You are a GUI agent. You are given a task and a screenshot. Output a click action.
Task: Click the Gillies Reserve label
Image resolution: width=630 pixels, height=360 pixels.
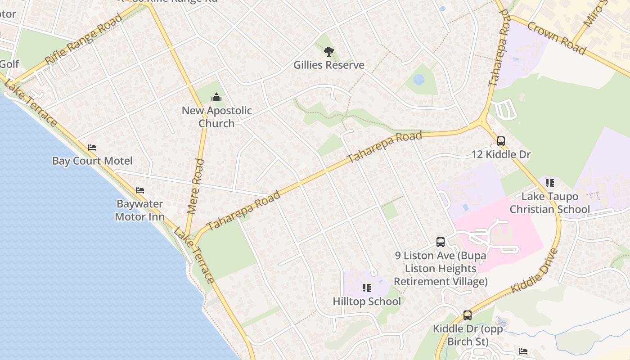click(x=328, y=65)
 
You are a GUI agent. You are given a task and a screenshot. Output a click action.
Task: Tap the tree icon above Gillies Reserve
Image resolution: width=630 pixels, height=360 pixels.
click(x=329, y=52)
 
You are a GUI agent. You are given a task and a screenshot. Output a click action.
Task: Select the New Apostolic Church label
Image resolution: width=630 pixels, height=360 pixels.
click(x=216, y=117)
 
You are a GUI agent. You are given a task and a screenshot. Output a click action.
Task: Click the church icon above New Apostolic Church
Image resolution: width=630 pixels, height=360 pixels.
click(x=216, y=97)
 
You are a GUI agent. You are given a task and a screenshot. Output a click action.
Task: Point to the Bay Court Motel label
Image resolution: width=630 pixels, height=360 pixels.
click(x=92, y=161)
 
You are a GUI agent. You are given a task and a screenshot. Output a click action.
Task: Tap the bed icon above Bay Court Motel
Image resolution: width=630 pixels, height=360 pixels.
click(x=92, y=148)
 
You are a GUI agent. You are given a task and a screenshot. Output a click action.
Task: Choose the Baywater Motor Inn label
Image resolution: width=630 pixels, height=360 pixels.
click(x=139, y=210)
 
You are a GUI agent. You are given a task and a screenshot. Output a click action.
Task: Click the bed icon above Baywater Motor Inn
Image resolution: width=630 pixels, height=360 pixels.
click(x=140, y=190)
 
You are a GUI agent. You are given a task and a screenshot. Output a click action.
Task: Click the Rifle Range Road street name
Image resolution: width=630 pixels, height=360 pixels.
click(x=84, y=39)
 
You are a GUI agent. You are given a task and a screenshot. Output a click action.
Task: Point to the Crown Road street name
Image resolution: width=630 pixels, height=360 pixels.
click(x=556, y=38)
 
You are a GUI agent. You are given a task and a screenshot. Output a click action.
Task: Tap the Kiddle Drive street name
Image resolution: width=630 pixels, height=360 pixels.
click(x=535, y=271)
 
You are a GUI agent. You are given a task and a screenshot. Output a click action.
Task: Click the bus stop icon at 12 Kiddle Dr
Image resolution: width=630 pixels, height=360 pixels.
click(x=501, y=141)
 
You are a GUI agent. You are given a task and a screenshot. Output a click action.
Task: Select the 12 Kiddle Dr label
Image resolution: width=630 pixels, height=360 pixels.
click(x=501, y=155)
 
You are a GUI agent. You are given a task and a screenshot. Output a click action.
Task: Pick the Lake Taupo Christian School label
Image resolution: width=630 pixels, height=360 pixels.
click(x=549, y=203)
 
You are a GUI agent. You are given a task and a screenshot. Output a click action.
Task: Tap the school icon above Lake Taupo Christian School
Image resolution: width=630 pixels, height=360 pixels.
click(x=549, y=183)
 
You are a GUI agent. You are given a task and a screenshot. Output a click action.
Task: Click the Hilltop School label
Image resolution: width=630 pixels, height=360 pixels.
click(x=367, y=301)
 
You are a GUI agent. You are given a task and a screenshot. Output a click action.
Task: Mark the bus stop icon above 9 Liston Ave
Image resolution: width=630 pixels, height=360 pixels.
click(x=441, y=242)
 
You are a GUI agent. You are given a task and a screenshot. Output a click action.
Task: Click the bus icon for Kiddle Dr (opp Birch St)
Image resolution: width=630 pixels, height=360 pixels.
click(x=468, y=315)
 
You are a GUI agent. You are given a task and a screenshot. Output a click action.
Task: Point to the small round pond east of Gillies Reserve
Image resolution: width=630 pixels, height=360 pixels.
click(x=419, y=80)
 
